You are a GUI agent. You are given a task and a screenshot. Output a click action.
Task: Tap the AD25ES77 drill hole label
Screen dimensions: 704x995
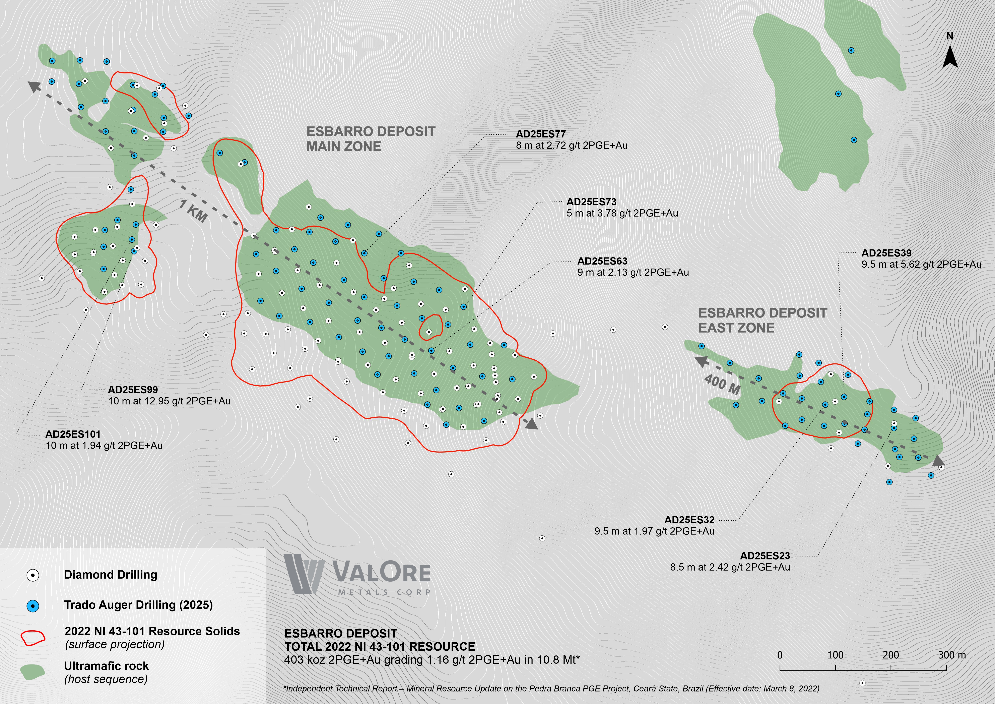point(540,134)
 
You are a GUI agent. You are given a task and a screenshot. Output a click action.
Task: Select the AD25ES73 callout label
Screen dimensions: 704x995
point(591,202)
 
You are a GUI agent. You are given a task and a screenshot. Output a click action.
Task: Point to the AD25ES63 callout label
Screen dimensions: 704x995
point(602,261)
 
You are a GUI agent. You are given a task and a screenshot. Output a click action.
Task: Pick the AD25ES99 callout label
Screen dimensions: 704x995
point(133,390)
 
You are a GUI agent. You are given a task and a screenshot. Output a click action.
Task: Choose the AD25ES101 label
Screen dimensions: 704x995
point(73,434)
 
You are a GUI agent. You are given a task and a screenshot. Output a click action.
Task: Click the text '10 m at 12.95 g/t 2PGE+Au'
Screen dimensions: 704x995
point(170,401)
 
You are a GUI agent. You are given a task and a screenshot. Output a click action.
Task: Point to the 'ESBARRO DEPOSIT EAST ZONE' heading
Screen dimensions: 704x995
point(762,320)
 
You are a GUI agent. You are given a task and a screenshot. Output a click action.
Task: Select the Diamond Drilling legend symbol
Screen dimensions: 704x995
point(32,575)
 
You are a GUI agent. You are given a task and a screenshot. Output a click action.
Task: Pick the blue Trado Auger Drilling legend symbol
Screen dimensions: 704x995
point(32,606)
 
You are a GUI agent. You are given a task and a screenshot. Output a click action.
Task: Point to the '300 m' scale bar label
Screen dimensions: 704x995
point(952,655)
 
